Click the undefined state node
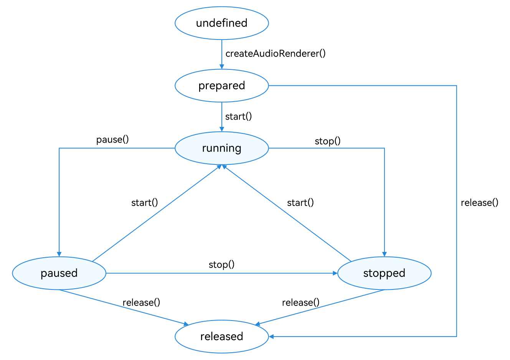point(221,23)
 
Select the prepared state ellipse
point(221,85)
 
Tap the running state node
point(221,148)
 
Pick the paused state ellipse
point(59,273)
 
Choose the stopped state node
point(384,273)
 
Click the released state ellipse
point(221,336)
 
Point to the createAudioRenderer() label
point(275,54)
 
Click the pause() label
point(112,140)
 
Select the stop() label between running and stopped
point(327,141)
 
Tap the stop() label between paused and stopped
point(221,265)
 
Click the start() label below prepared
point(238,117)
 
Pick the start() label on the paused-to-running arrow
point(144,202)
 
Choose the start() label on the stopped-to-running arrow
point(300,202)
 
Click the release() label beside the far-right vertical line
point(479,202)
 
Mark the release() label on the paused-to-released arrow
point(141,302)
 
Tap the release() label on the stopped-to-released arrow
point(300,302)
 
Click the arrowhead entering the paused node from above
point(59,254)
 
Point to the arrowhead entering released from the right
point(271,337)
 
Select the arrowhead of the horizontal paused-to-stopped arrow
point(335,273)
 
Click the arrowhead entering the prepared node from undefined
point(221,67)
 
